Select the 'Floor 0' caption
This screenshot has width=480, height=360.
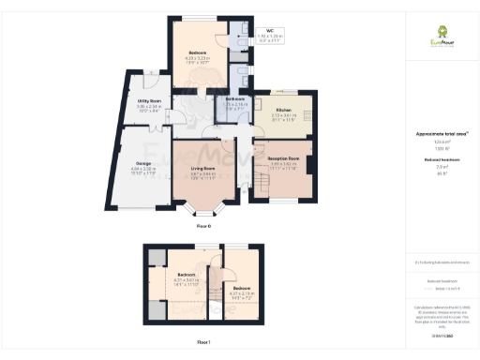203,227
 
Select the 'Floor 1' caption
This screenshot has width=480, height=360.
203,342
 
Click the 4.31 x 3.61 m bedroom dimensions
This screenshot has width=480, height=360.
190,280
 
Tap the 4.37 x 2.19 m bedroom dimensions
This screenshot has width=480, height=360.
241,293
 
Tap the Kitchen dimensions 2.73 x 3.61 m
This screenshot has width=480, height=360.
284,116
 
